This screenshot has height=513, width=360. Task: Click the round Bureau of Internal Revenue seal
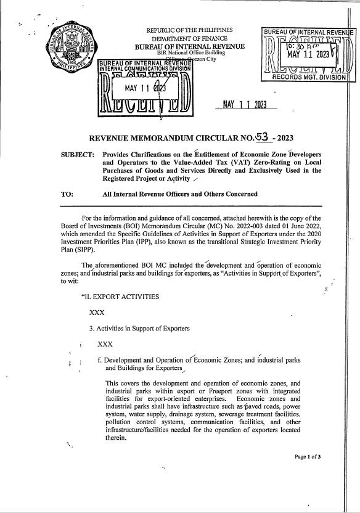click(71, 55)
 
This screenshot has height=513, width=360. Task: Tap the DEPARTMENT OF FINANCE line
click(189, 39)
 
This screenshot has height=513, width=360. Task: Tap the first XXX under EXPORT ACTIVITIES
click(96, 313)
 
